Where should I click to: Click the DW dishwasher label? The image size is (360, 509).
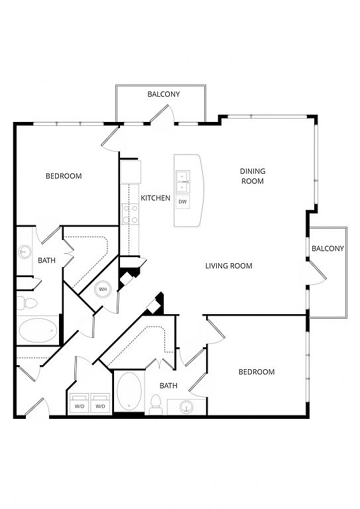183,202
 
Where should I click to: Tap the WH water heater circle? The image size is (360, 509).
103,289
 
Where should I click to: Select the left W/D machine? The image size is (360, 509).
79,403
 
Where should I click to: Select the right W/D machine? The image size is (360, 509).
100,403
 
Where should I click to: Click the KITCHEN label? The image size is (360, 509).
155,198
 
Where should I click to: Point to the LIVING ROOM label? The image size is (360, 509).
229,266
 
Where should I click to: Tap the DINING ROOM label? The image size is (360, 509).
253,176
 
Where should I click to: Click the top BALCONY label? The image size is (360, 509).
164,94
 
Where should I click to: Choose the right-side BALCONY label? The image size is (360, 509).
328,249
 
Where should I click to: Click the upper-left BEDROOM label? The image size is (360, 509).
64,176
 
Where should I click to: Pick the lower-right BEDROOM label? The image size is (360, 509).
257,372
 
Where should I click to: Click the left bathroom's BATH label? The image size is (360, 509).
47,260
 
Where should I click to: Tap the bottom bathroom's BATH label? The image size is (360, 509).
168,386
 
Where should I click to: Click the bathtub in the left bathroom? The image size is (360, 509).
38,330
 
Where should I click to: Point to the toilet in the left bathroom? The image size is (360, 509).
27,303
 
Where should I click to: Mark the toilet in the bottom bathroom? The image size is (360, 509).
156,404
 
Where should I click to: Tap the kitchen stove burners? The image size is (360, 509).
130,214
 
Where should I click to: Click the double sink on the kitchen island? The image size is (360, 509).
183,182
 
